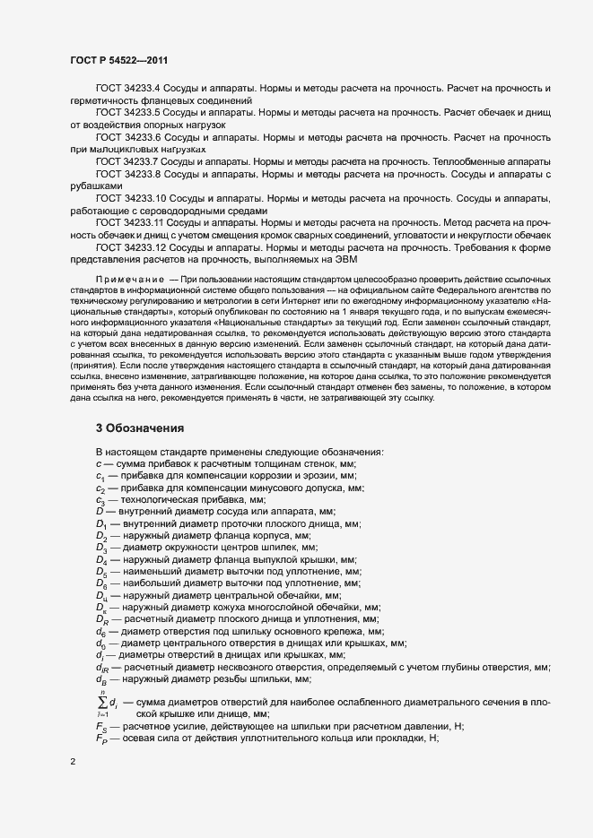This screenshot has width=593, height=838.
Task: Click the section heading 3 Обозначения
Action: pos(140,428)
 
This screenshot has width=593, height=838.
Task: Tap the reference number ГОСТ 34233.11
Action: pos(131,220)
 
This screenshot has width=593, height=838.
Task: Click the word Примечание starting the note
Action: pos(128,280)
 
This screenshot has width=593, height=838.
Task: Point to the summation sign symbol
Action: pos(100,678)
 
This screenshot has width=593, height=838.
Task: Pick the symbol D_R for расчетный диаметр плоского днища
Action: pos(101,620)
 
